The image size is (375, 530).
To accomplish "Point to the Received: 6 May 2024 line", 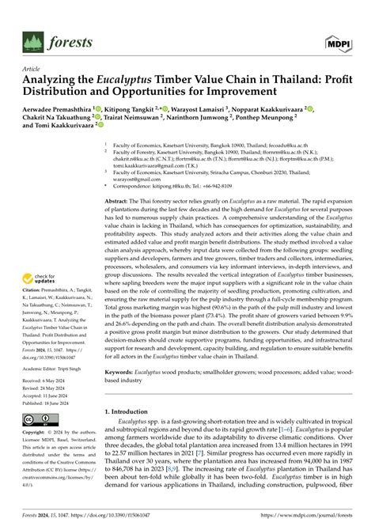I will (46, 379).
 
